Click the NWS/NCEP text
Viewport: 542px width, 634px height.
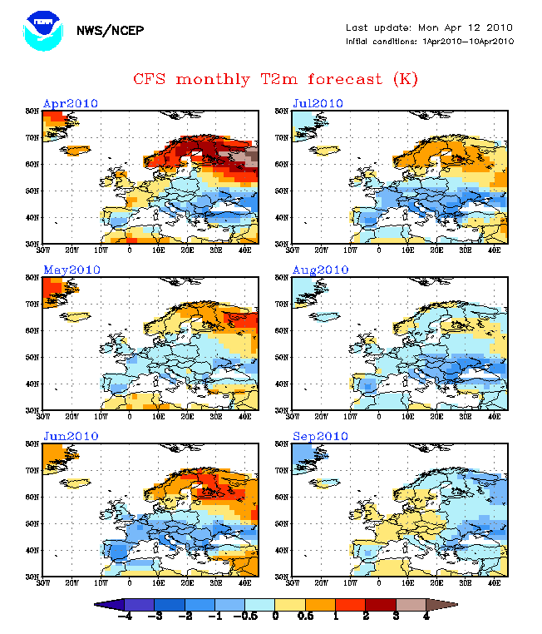pyautogui.click(x=110, y=31)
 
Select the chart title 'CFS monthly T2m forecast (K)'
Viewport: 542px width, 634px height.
pyautogui.click(x=275, y=79)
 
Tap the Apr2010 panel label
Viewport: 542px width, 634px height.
pyautogui.click(x=71, y=103)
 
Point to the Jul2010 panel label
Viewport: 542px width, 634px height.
pyautogui.click(x=319, y=103)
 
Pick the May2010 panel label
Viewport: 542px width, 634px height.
pyautogui.click(x=71, y=270)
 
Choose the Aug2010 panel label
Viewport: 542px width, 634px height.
pyautogui.click(x=321, y=270)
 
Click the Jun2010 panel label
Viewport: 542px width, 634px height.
pyautogui.click(x=71, y=436)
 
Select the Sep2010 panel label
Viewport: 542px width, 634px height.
pyautogui.click(x=320, y=436)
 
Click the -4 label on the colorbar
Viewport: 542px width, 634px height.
pyautogui.click(x=125, y=617)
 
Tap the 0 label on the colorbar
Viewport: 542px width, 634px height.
pyautogui.click(x=276, y=617)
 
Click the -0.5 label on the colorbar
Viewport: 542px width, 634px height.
pyautogui.click(x=249, y=617)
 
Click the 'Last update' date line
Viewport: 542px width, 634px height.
pyautogui.click(x=430, y=27)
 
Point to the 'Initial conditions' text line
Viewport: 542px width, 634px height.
pyautogui.click(x=430, y=41)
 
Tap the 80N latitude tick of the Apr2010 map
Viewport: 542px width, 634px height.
pyautogui.click(x=32, y=110)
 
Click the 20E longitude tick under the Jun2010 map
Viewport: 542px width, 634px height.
pyautogui.click(x=187, y=581)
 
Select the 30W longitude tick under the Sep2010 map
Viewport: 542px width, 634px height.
pyautogui.click(x=293, y=581)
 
